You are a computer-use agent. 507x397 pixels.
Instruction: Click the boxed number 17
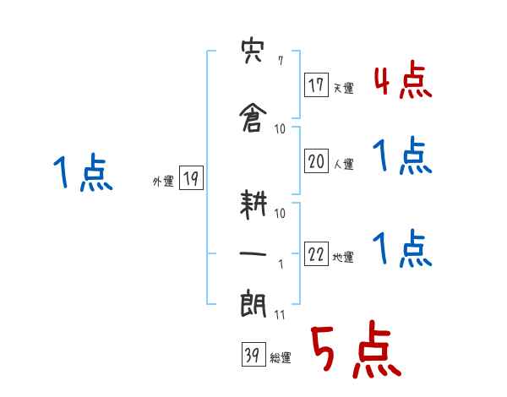pos(317,85)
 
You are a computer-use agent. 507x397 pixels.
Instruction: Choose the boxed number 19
pos(191,178)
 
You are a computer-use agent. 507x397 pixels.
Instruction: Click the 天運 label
pos(343,88)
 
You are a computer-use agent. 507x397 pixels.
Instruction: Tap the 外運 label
pos(162,181)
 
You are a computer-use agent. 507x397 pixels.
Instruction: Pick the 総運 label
pos(280,357)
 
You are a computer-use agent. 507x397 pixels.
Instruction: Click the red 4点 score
pos(401,81)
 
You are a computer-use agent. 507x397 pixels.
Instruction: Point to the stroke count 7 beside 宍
pos(280,61)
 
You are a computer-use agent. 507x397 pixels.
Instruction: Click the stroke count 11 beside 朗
pos(280,315)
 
